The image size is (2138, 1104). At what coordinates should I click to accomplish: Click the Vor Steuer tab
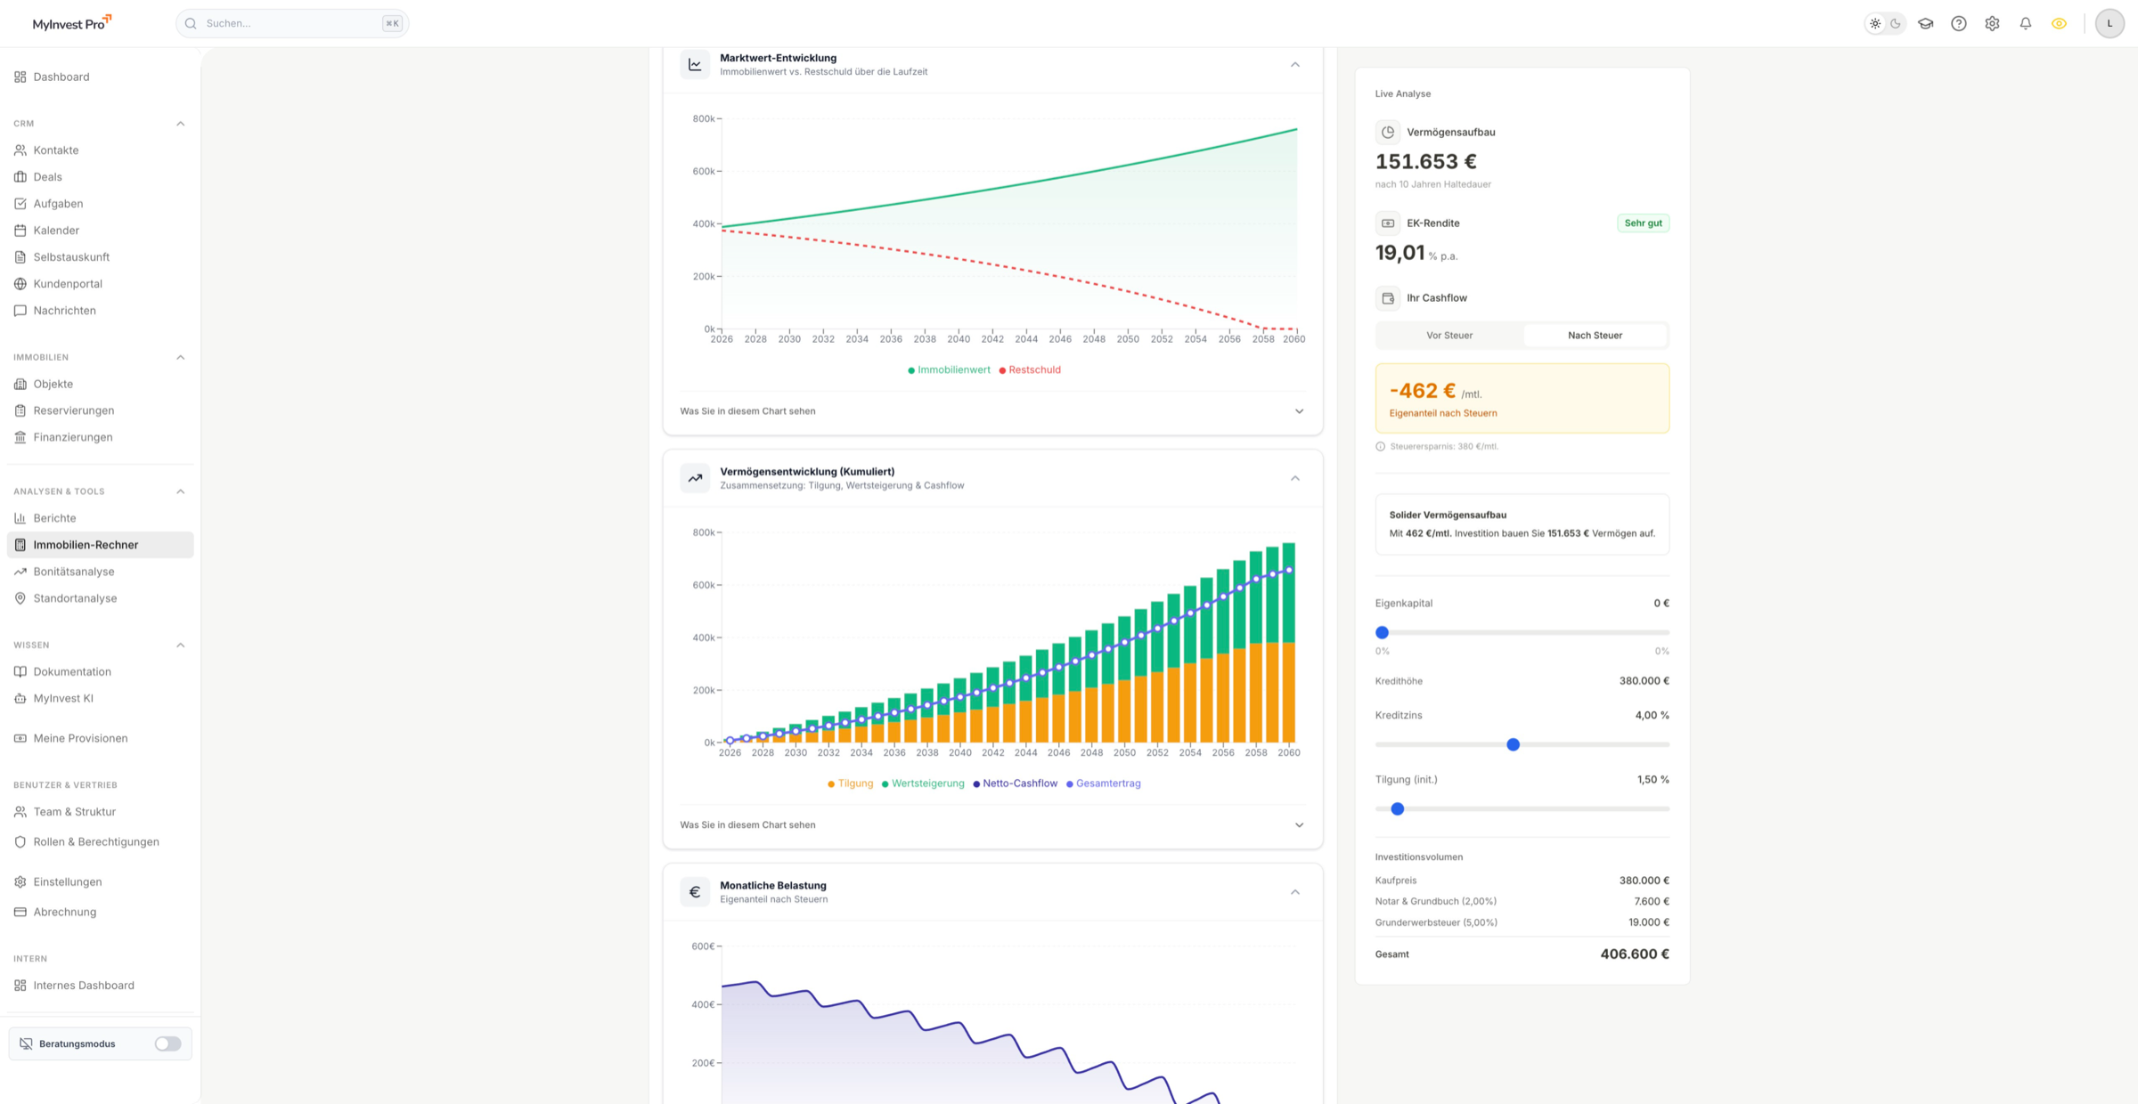(x=1449, y=336)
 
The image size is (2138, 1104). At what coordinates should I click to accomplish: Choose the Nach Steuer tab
(x=1595, y=336)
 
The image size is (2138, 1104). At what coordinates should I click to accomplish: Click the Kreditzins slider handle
(x=1513, y=744)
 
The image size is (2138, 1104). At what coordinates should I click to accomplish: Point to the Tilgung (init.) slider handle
(x=1398, y=808)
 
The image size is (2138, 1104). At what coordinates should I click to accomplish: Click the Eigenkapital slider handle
(x=1382, y=632)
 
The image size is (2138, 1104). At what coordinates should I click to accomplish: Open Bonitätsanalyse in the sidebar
(x=74, y=572)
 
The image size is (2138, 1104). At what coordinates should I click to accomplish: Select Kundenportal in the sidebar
(x=68, y=284)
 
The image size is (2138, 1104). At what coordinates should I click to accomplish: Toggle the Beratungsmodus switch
(x=167, y=1043)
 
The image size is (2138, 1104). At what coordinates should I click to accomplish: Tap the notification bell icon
(x=2025, y=24)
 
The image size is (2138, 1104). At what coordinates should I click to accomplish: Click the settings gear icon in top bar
(x=1992, y=24)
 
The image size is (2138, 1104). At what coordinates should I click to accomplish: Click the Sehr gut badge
(x=1643, y=223)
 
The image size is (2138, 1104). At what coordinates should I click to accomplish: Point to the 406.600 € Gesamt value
(x=1634, y=954)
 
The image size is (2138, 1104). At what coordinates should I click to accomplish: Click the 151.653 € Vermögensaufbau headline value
(x=1425, y=161)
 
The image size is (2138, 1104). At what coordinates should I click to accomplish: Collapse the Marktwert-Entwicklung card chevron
(x=1295, y=64)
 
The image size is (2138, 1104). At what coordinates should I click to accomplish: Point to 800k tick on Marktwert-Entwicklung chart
(x=704, y=118)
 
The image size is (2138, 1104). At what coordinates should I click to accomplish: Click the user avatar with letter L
(x=2109, y=24)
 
